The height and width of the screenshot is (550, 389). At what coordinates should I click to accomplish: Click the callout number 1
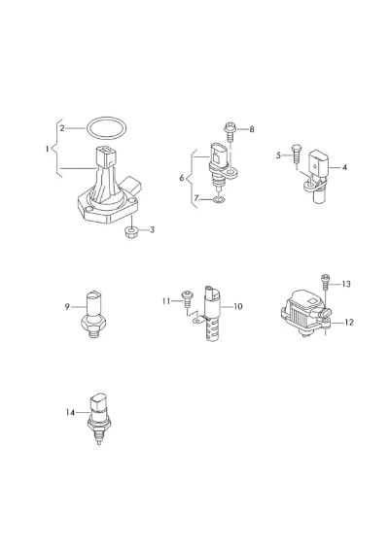(x=48, y=149)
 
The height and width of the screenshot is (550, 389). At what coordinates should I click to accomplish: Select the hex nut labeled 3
(x=131, y=232)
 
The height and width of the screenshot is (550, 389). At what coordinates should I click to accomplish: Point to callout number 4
(x=344, y=168)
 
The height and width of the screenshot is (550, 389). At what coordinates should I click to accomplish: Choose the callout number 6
(x=182, y=178)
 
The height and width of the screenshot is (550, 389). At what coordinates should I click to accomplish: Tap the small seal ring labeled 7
(x=219, y=200)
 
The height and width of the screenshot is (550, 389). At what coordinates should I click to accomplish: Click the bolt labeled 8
(x=230, y=131)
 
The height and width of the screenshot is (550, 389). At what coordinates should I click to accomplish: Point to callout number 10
(x=238, y=306)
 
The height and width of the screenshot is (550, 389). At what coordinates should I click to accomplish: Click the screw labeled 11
(x=187, y=299)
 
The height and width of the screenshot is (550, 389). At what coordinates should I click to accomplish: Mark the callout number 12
(x=348, y=323)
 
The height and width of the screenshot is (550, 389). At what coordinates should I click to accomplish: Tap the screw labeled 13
(x=325, y=281)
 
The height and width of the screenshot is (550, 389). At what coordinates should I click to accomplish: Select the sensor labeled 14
(x=98, y=420)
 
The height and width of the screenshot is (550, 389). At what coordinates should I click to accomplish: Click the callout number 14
(x=70, y=412)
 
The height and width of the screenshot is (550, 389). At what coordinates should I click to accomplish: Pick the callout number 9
(x=67, y=307)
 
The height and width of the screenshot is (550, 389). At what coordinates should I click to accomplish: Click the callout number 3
(x=152, y=230)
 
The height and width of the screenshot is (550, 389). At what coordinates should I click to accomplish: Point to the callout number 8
(x=251, y=129)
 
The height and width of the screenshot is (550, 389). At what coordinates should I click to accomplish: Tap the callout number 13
(x=346, y=284)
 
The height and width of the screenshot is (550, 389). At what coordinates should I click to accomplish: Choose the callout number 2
(x=62, y=128)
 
